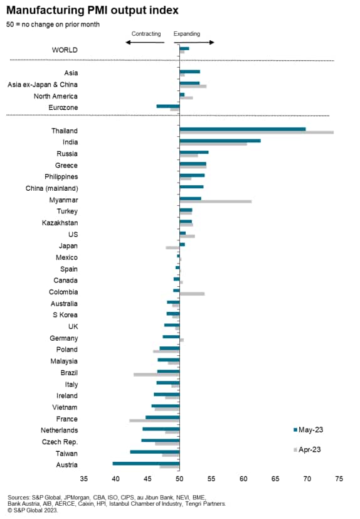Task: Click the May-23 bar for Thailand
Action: (x=243, y=129)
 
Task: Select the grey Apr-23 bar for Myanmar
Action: (x=215, y=201)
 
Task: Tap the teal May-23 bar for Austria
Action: (x=146, y=463)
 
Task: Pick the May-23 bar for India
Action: (x=220, y=141)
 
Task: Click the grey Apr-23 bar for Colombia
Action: (x=192, y=294)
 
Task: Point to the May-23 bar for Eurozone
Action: (x=168, y=106)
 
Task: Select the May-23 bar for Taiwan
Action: (x=155, y=452)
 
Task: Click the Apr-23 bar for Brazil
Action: (x=157, y=375)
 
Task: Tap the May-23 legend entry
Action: (x=308, y=430)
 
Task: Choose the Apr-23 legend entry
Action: (x=307, y=449)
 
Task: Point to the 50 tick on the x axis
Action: (x=179, y=479)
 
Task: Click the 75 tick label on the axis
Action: (x=339, y=479)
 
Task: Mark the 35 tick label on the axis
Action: (x=83, y=479)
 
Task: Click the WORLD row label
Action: (x=65, y=50)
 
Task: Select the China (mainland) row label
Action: (x=52, y=188)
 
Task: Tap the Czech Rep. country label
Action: (x=60, y=442)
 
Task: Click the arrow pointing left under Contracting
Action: (x=145, y=43)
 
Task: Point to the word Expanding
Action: (x=187, y=34)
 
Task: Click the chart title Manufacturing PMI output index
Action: (x=92, y=10)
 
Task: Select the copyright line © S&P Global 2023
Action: (x=33, y=510)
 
